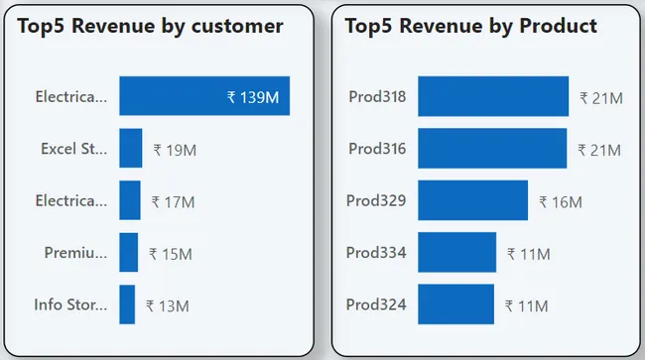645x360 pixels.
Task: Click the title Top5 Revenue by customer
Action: point(150,26)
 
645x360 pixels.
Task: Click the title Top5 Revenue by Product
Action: point(470,26)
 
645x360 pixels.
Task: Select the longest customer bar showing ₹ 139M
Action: point(204,96)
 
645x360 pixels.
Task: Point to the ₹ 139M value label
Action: point(253,97)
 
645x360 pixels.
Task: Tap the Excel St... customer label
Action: point(72,149)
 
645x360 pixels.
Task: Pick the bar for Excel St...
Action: point(131,149)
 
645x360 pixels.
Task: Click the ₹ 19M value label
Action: point(175,150)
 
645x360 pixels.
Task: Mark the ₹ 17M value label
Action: point(173,201)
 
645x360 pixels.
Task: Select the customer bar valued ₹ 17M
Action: point(130,200)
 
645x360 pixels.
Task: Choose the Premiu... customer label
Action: point(75,252)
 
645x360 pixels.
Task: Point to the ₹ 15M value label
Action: point(170,254)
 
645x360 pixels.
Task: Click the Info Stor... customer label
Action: point(69,304)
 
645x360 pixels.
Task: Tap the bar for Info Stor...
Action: point(127,304)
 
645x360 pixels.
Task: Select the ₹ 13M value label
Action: point(167,306)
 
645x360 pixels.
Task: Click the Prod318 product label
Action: point(377,96)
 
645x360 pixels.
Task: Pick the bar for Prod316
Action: point(492,149)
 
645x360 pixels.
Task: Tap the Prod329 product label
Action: point(376,200)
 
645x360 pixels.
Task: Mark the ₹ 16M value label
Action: point(561,201)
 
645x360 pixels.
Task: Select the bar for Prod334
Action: point(456,252)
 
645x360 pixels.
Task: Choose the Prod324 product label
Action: point(376,304)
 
